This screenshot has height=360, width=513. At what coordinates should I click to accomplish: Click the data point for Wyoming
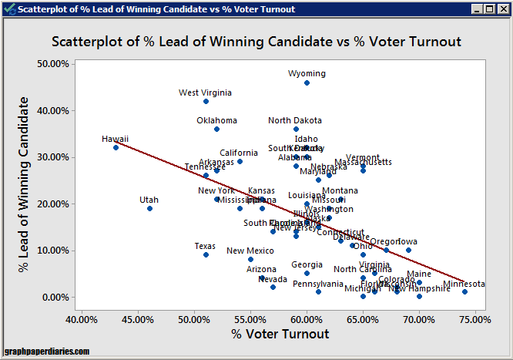click(x=307, y=82)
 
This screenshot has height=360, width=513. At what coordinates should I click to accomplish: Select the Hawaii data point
click(x=116, y=147)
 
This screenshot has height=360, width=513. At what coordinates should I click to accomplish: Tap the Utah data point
click(x=149, y=208)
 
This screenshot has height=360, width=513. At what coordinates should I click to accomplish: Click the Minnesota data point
click(x=464, y=291)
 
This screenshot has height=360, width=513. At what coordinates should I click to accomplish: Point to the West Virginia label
click(x=205, y=93)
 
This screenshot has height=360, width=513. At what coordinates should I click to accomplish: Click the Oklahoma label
click(x=216, y=120)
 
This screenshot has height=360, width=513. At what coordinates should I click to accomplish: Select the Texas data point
click(x=206, y=254)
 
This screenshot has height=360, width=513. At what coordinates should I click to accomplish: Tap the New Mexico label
click(x=250, y=251)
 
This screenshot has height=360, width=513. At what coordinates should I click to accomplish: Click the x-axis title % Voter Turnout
click(x=280, y=334)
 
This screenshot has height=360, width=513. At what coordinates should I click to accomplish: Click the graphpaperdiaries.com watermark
click(x=46, y=352)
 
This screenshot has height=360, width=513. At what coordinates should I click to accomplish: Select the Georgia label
click(x=307, y=264)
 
